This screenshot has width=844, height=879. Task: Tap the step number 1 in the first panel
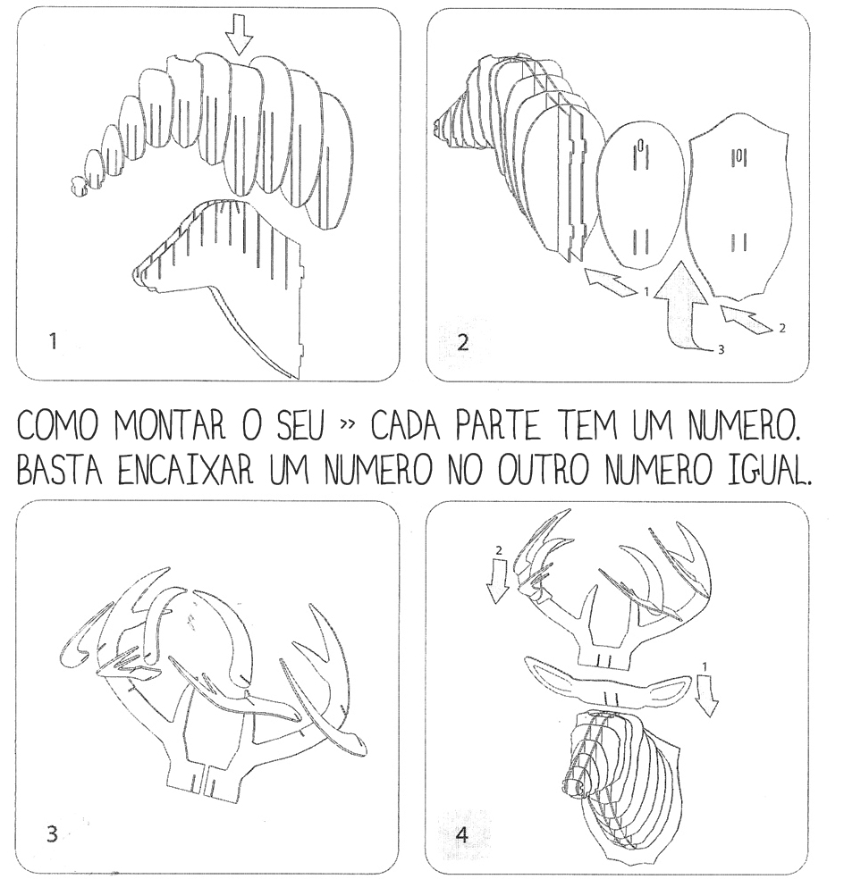54,341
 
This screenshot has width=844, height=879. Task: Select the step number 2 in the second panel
462,342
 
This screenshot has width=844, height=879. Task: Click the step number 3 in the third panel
52,834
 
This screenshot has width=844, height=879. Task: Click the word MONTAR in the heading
170,426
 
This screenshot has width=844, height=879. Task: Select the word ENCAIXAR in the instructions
186,472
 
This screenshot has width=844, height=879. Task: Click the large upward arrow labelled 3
682,306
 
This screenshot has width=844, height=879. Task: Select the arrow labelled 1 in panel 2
610,282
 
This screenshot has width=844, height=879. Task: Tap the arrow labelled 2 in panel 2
747,319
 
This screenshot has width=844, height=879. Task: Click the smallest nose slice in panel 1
79,186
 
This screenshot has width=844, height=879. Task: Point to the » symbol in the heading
348,424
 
